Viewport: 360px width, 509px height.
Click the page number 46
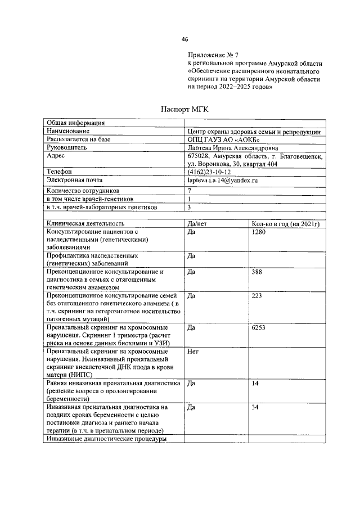click(x=184, y=39)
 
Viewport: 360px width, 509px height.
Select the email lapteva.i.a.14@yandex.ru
click(x=222, y=180)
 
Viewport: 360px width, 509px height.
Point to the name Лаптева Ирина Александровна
click(x=233, y=148)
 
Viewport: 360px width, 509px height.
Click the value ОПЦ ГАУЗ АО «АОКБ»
click(x=224, y=139)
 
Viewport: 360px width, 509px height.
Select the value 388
click(x=257, y=272)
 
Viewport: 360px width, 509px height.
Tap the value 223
click(x=257, y=295)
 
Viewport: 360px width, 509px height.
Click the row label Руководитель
click(x=66, y=148)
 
